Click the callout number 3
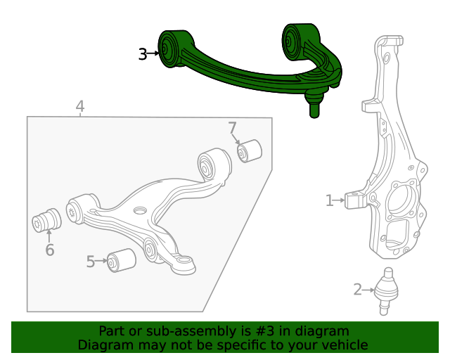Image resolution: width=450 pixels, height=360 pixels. tap(143, 53)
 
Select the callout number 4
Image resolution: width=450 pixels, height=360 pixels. tap(80, 107)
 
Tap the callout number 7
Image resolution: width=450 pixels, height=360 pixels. tap(232, 128)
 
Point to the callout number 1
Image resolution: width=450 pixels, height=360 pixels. tap(329, 201)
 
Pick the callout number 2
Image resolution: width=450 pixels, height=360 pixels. tap(358, 289)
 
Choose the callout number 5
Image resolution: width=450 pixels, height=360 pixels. tap(91, 262)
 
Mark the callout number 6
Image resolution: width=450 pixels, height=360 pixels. tap(49, 250)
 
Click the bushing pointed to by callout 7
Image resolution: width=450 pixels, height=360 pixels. tap(249, 150)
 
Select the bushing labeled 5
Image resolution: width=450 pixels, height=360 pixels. tap(121, 259)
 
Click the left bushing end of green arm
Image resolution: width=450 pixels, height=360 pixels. tap(169, 49)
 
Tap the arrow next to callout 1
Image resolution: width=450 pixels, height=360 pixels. tap(341, 201)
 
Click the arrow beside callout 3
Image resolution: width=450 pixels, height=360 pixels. tap(154, 53)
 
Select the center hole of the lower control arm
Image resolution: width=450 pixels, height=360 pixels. tap(140, 210)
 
